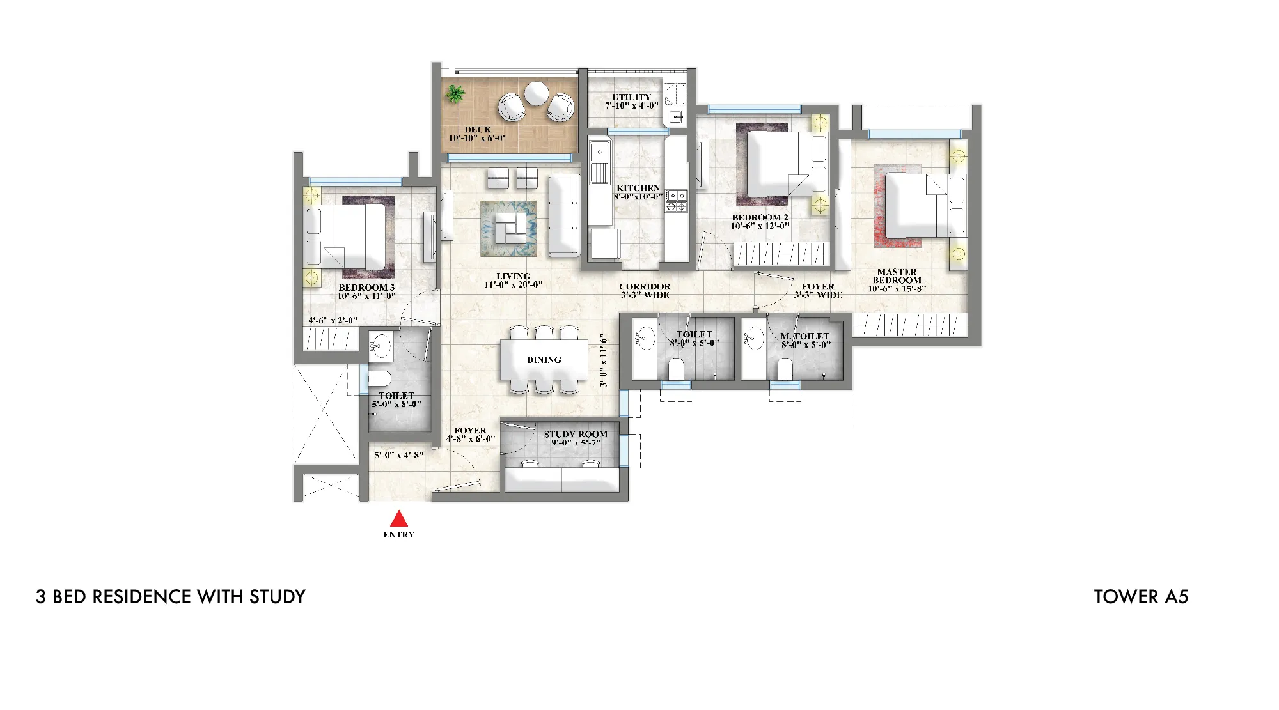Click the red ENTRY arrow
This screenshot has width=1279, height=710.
pyautogui.click(x=399, y=518)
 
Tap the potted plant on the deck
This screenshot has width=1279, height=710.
pyautogui.click(x=455, y=93)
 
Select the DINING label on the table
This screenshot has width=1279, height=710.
pyautogui.click(x=544, y=360)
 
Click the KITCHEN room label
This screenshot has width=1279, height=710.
pyautogui.click(x=638, y=188)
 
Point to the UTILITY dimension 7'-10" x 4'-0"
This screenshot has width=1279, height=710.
pyautogui.click(x=632, y=105)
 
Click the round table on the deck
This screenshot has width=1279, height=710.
pyautogui.click(x=536, y=94)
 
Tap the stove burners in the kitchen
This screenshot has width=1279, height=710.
pyautogui.click(x=677, y=201)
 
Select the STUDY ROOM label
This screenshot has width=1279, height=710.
pyautogui.click(x=576, y=434)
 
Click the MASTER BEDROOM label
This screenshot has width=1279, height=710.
pyautogui.click(x=897, y=276)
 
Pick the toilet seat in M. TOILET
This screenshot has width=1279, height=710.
pyautogui.click(x=785, y=369)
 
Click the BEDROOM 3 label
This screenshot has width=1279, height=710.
pyautogui.click(x=367, y=288)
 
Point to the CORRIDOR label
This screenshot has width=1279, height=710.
pyautogui.click(x=645, y=287)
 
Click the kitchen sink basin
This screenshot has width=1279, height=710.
pyautogui.click(x=600, y=153)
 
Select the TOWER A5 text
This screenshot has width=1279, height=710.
pyautogui.click(x=1141, y=597)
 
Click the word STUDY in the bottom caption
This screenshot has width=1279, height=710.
pyautogui.click(x=278, y=597)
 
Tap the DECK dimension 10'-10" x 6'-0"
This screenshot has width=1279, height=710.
pyautogui.click(x=478, y=138)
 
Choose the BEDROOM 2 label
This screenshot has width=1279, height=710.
pyautogui.click(x=760, y=217)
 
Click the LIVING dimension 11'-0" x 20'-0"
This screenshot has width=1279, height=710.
pyautogui.click(x=514, y=285)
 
